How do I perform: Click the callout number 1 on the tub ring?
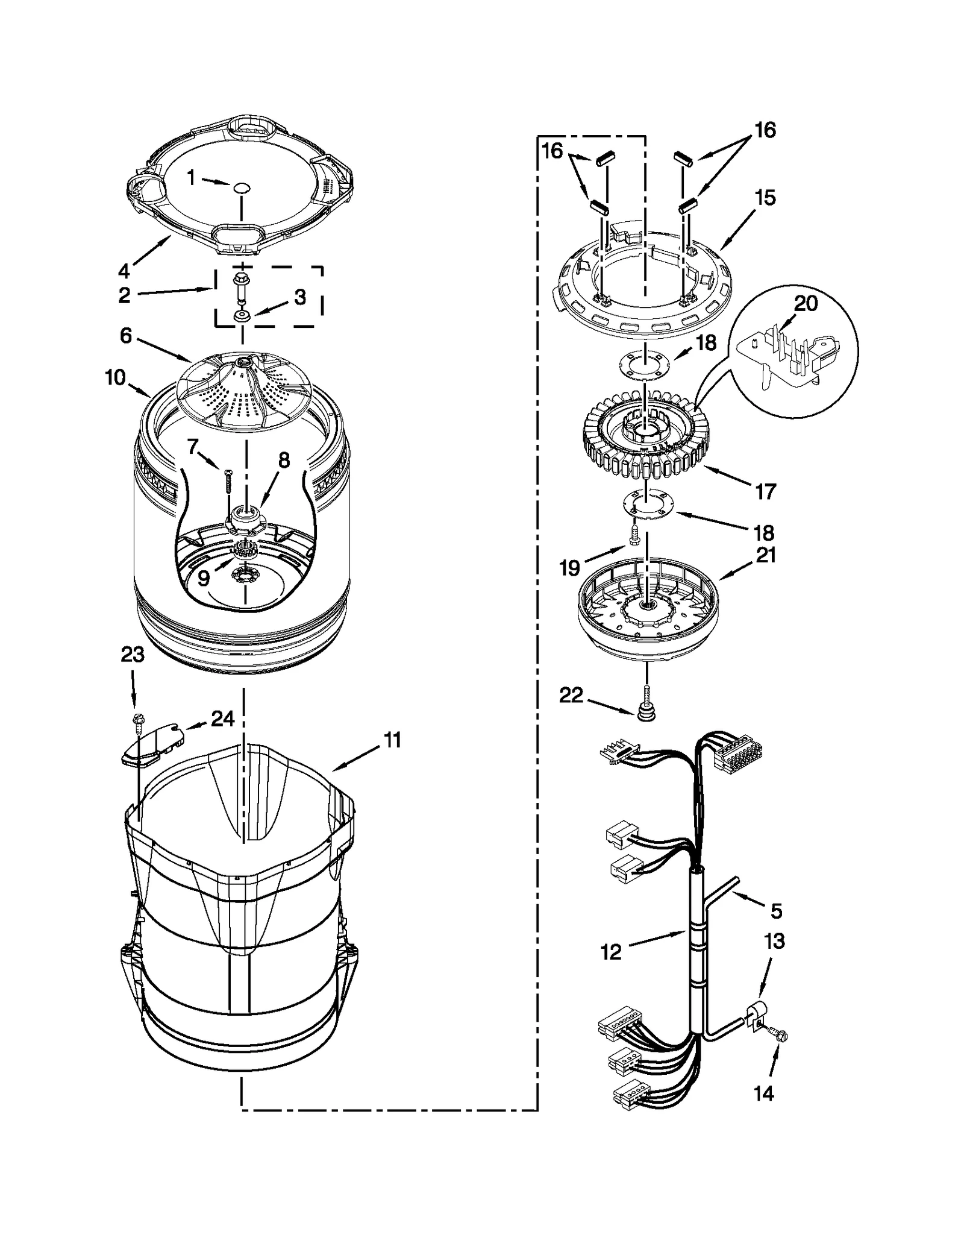191,177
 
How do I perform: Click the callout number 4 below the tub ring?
124,271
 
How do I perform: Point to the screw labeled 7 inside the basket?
228,480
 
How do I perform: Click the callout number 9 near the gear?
204,578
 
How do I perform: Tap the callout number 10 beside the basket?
114,378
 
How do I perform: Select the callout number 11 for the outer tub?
392,740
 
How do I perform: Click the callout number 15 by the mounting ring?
765,198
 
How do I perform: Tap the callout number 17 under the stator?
765,491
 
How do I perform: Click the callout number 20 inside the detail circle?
806,303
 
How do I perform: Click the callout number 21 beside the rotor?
765,555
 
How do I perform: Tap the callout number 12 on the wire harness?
610,952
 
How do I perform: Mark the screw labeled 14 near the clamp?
781,1036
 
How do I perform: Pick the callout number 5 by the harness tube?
776,911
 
